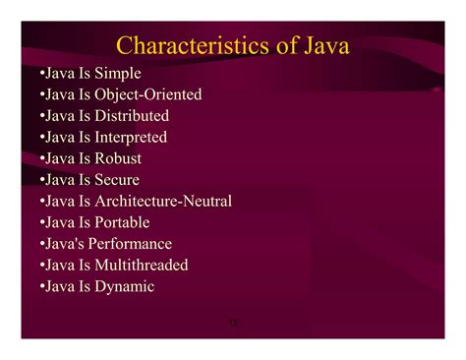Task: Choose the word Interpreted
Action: tap(131, 138)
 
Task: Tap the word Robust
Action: tap(118, 158)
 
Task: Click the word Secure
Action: tap(117, 180)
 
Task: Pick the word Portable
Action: tap(123, 222)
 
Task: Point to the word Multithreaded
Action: tap(142, 266)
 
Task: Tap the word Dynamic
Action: tap(125, 286)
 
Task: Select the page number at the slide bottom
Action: tap(233, 322)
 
